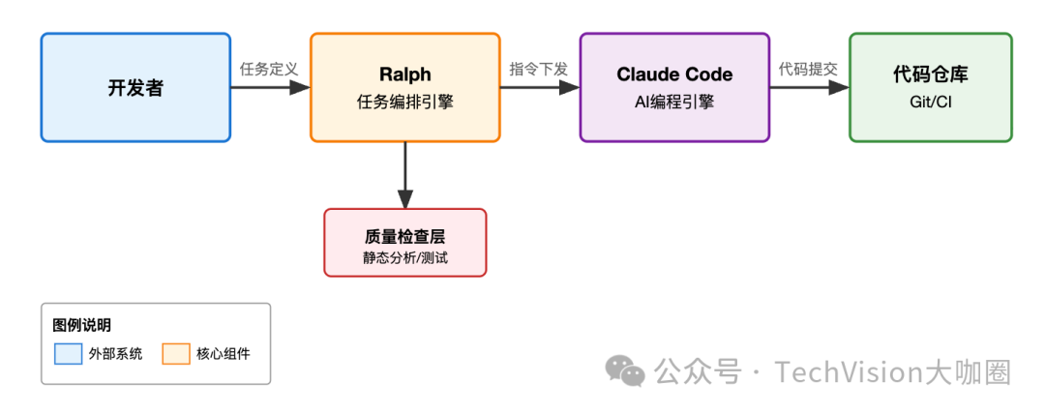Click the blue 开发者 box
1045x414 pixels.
point(135,88)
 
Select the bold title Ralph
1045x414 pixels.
point(404,74)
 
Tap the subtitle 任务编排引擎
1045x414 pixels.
point(404,102)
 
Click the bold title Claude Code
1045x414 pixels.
point(674,74)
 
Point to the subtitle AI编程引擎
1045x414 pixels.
point(674,102)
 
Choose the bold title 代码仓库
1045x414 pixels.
point(930,74)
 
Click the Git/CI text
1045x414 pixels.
point(930,102)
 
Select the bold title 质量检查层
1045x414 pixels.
point(404,236)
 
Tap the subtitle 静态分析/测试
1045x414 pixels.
point(404,258)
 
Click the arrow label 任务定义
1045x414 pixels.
point(269,69)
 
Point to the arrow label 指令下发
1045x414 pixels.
point(539,69)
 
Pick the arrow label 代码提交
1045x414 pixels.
point(809,69)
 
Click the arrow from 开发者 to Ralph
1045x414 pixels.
point(270,87)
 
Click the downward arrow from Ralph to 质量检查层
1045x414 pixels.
point(404,174)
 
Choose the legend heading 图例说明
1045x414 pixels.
point(82,326)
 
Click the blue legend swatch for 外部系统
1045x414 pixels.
point(68,354)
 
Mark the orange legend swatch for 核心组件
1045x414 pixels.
point(175,354)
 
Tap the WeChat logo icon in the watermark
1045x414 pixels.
point(625,370)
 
